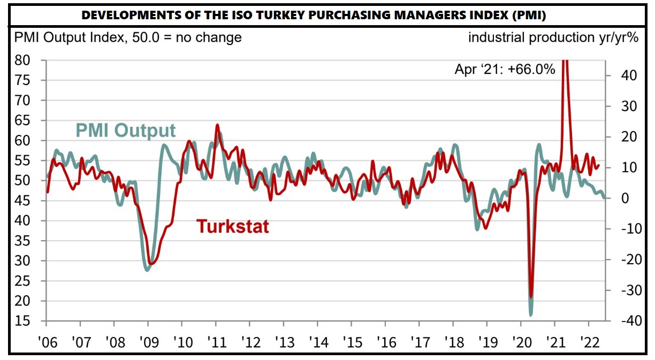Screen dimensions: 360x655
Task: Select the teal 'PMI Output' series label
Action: [x=126, y=131]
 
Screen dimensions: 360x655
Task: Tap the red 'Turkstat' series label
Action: [x=232, y=226]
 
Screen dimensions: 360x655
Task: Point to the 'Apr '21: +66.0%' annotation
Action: [x=505, y=70]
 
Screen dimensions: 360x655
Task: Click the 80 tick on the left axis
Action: [x=22, y=60]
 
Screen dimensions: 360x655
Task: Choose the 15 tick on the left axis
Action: [x=22, y=321]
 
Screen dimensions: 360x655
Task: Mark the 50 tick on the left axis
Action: [x=22, y=181]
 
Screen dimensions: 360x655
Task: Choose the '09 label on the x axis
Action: [x=148, y=340]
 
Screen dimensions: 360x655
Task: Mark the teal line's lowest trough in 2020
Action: [x=530, y=315]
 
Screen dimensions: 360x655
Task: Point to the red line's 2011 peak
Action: [x=216, y=125]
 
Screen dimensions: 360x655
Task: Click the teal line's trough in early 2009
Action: [x=147, y=270]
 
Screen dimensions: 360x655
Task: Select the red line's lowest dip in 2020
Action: [x=531, y=296]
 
